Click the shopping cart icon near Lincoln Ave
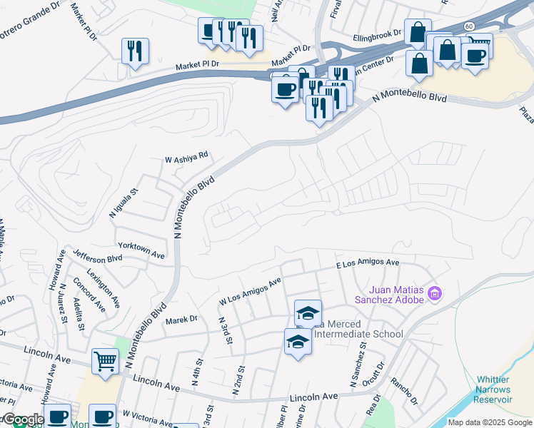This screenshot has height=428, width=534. pos(105,361)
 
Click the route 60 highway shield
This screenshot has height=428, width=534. pos(468,26)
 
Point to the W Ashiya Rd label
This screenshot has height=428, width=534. pos(186,156)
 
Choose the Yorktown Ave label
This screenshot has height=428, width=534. pos(141,249)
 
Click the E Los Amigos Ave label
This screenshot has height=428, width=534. pos(368,263)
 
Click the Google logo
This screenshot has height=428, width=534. pos(24,419)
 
